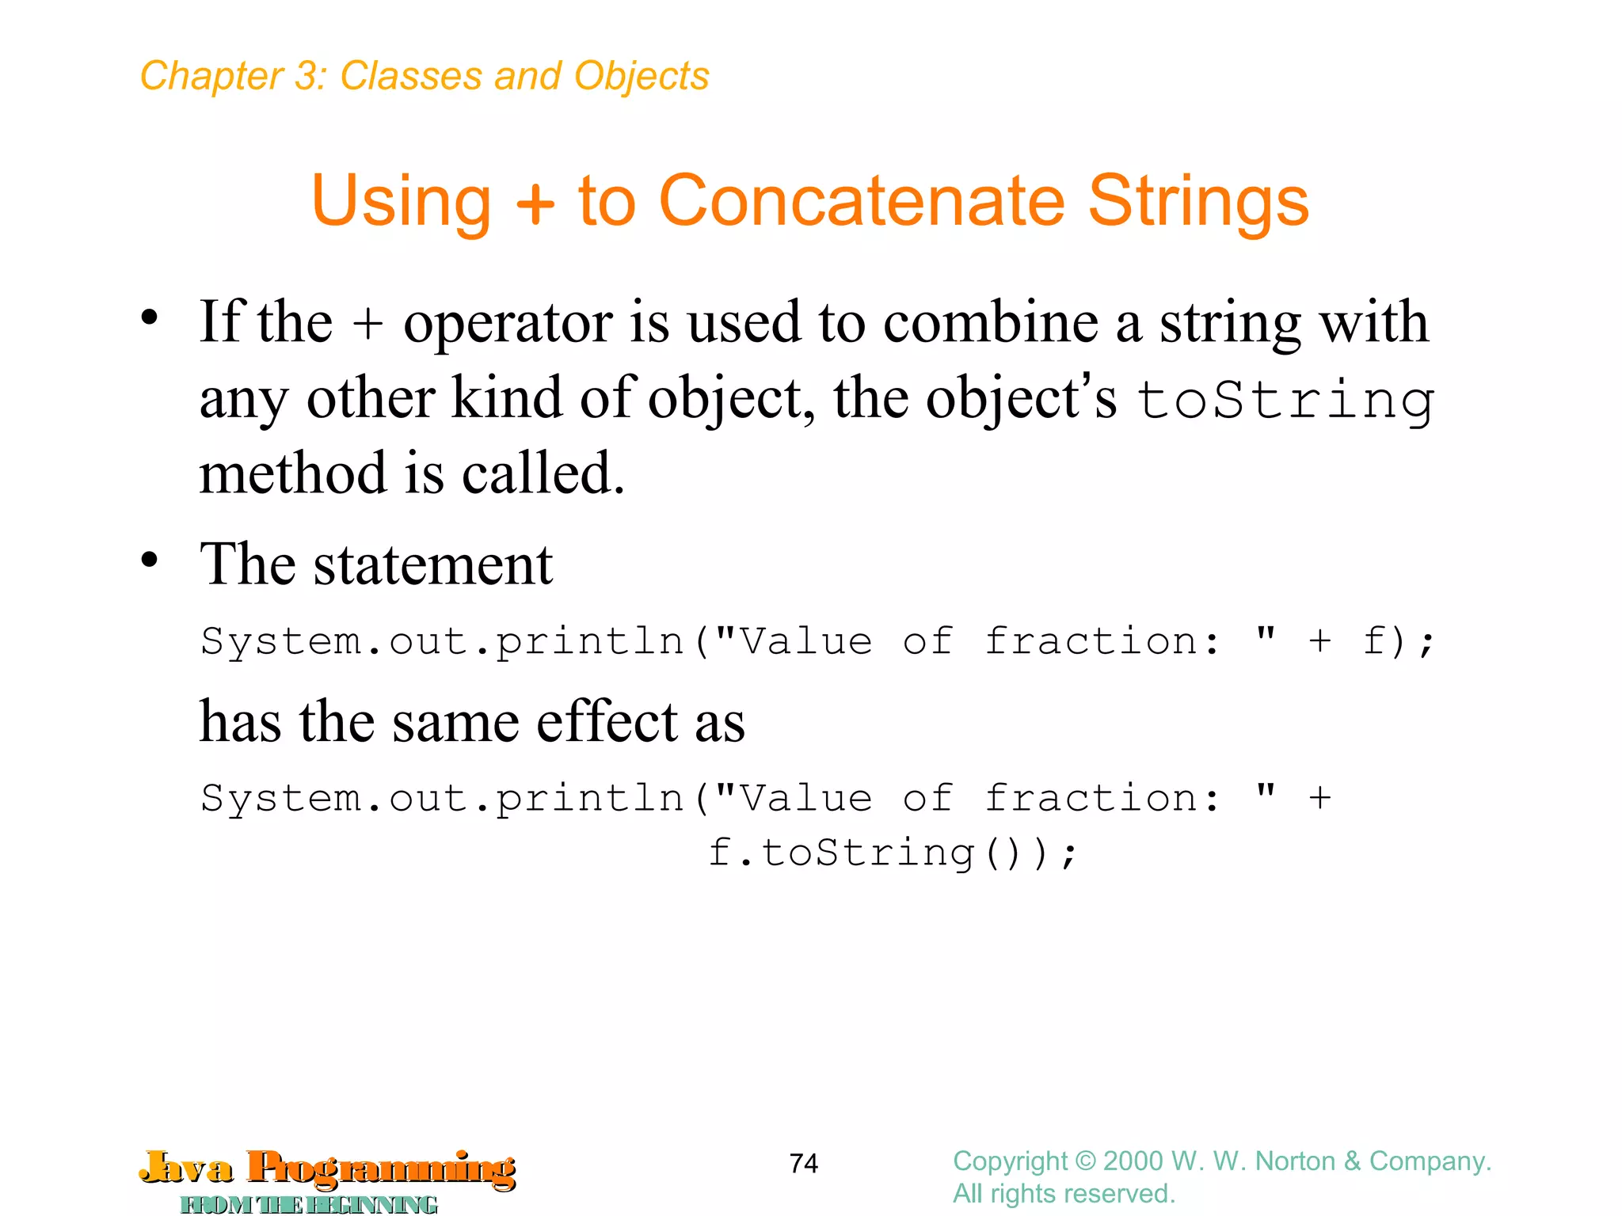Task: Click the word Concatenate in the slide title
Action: tap(862, 201)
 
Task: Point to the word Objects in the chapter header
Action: tap(642, 77)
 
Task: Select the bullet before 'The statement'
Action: tap(149, 560)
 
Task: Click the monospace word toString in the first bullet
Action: tap(1285, 401)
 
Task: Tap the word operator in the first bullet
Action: tap(507, 325)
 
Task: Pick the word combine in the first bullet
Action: tap(990, 323)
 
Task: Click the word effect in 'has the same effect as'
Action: tap(607, 722)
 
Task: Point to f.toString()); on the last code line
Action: tap(893, 853)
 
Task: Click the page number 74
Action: tap(803, 1163)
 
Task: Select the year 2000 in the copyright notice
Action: tap(1133, 1161)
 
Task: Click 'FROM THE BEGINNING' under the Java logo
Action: tap(309, 1204)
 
